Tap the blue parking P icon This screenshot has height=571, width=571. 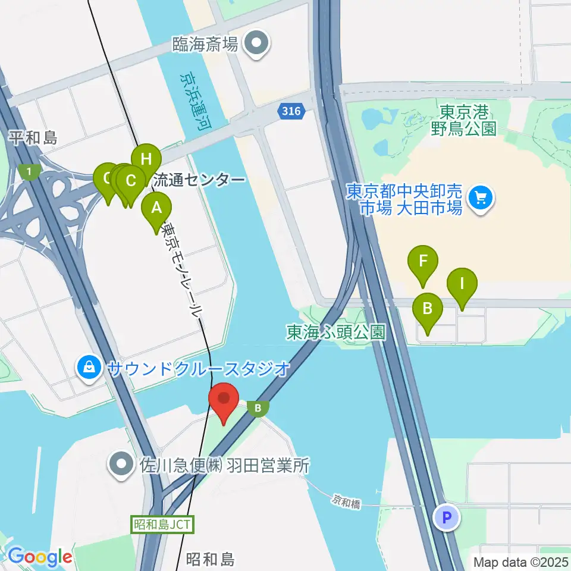tap(447, 517)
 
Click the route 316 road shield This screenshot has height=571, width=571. tap(291, 111)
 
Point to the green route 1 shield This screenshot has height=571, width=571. tap(29, 172)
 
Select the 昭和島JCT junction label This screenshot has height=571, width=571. tap(162, 524)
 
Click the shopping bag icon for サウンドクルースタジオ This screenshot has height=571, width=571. tap(89, 369)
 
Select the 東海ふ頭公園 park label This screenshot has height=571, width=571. tap(336, 332)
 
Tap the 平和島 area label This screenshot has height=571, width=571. tap(34, 139)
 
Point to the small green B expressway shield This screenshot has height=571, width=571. tap(258, 408)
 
